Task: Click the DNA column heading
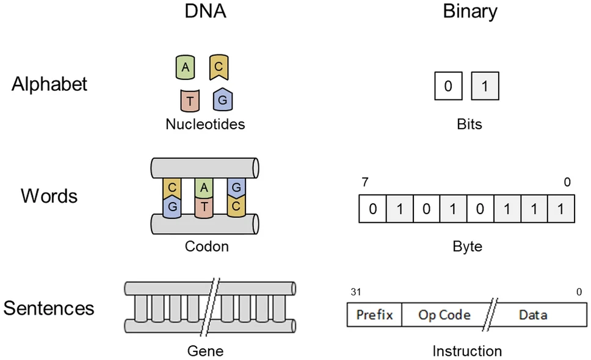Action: point(206,12)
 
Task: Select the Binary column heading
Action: point(470,12)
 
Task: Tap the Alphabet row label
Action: point(49,84)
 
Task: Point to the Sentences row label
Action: point(49,308)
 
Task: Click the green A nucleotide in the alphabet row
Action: point(185,68)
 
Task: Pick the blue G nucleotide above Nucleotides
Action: point(223,99)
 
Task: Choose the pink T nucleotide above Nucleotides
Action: point(190,101)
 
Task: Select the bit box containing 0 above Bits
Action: point(448,87)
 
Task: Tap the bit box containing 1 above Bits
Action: point(485,87)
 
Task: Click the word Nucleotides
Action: point(205,124)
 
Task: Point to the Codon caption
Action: point(206,247)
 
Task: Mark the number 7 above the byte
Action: point(365,182)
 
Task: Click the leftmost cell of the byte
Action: point(372,209)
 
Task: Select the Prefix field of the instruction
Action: point(374,315)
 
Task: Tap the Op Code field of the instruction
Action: point(444,315)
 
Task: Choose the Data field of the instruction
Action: point(532,315)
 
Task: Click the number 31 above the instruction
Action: point(355,292)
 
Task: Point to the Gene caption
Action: point(205,351)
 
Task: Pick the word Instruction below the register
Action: point(467,351)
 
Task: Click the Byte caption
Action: point(467,247)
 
